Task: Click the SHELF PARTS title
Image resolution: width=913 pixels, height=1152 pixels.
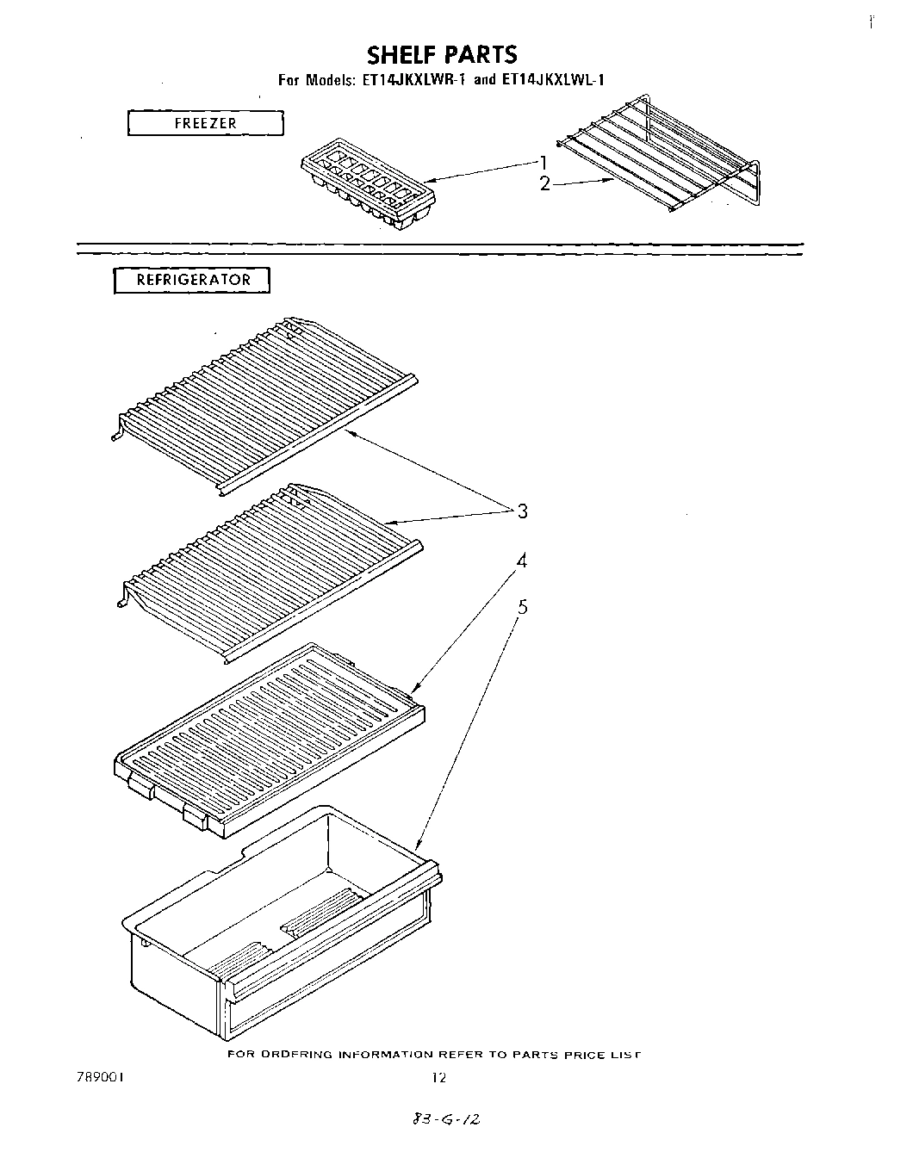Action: (x=442, y=55)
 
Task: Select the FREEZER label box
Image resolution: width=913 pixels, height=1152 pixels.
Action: (x=205, y=123)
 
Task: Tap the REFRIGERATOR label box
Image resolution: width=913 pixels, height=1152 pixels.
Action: (x=192, y=280)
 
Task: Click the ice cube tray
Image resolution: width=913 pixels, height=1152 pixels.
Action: (x=368, y=189)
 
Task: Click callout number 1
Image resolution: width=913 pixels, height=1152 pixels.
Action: (x=543, y=161)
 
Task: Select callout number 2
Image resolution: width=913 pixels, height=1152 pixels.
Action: (x=544, y=183)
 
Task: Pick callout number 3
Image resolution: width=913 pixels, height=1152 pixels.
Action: (x=522, y=511)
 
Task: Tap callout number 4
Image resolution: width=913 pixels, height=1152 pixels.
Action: (x=521, y=561)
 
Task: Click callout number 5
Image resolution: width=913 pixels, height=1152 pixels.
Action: (x=522, y=608)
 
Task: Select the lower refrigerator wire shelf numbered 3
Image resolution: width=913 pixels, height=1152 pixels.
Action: (x=267, y=568)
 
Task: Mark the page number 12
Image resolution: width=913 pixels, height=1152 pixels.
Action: (x=438, y=1076)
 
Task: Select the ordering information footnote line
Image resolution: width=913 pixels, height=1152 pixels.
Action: (x=435, y=1055)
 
